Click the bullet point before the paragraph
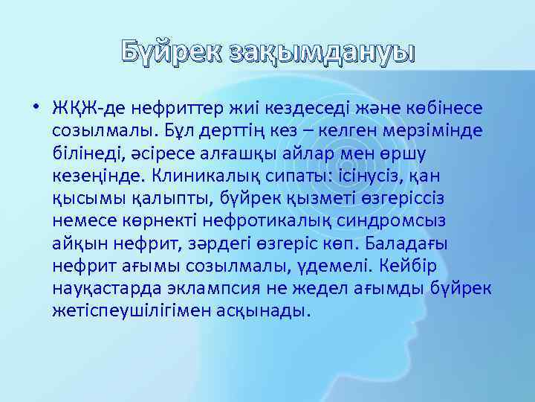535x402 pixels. (35, 109)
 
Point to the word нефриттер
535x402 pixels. (161, 109)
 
